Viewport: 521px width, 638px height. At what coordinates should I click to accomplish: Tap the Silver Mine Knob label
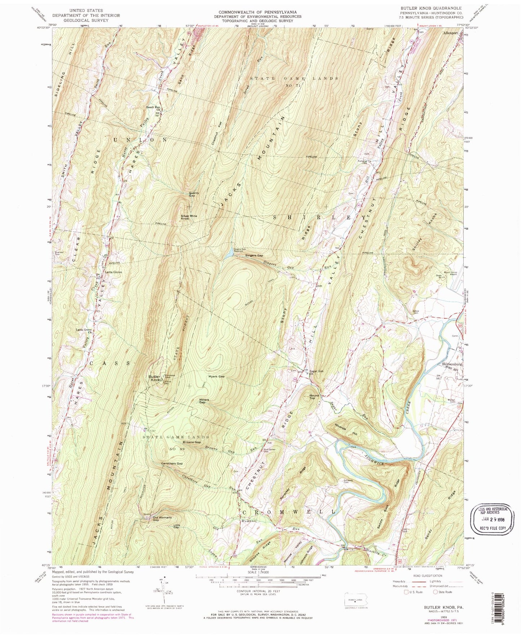point(189,217)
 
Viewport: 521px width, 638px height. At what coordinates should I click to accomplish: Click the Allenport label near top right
point(450,33)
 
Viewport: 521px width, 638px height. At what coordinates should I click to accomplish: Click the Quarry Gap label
point(194,194)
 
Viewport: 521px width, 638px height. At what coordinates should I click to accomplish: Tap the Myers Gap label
point(216,377)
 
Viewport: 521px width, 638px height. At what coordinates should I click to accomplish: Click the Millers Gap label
point(204,401)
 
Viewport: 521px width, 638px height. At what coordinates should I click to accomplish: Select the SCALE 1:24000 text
point(259,572)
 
